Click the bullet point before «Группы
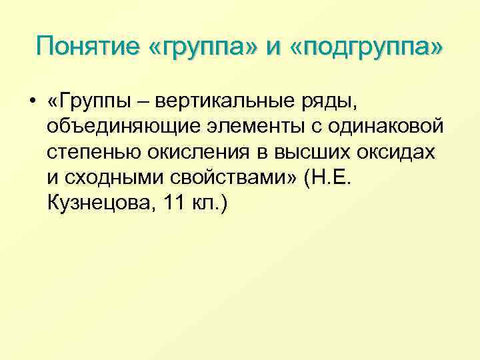tap(31, 101)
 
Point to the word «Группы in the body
tap(93, 101)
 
